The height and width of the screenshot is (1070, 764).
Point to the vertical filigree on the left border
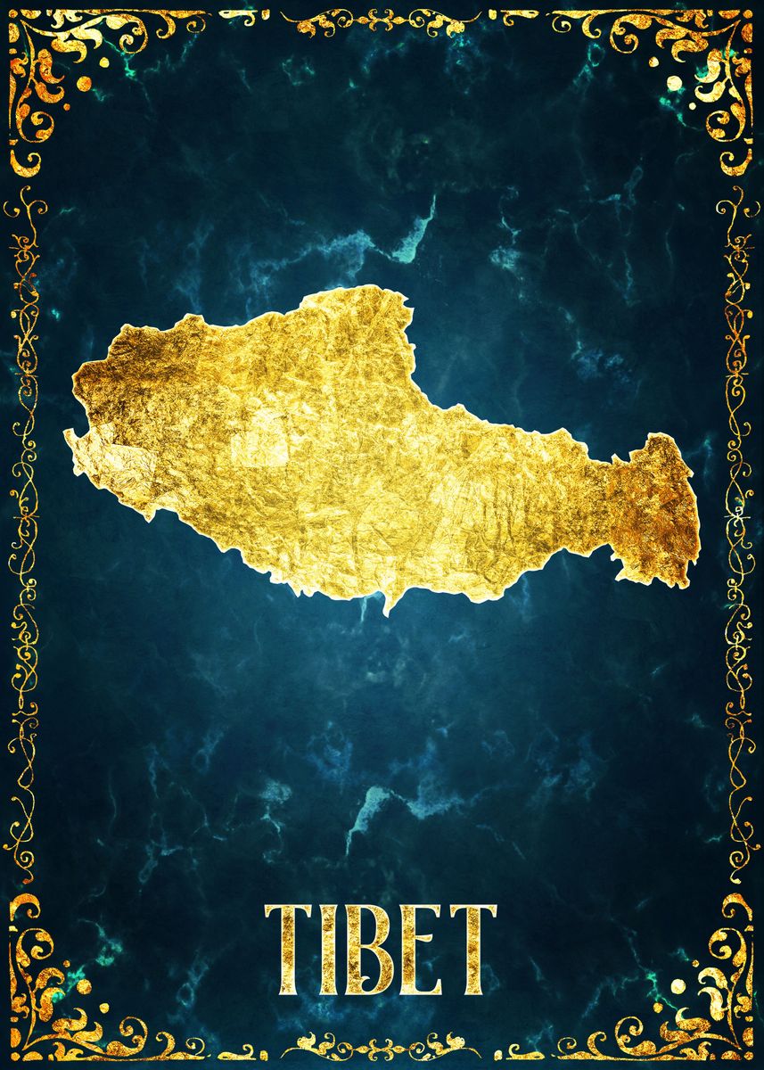(21, 535)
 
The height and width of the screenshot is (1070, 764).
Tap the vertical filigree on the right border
(739, 535)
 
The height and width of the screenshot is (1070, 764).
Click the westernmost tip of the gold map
(68, 434)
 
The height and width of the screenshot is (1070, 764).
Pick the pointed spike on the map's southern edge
(388, 607)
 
